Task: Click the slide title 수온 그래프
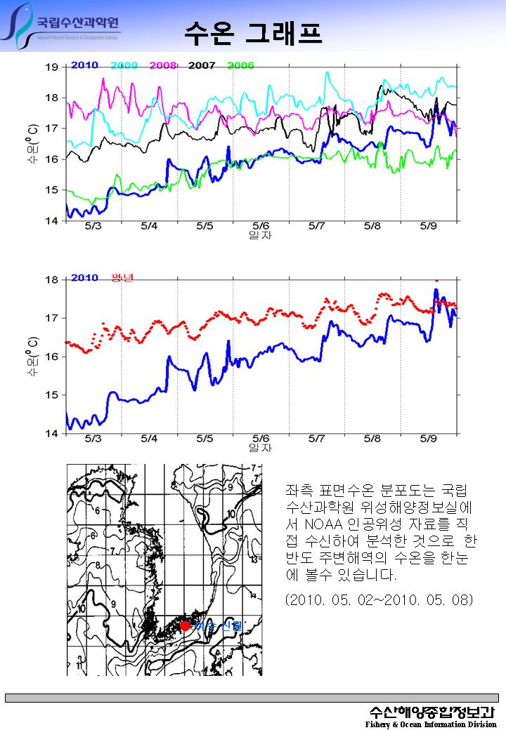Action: click(x=252, y=32)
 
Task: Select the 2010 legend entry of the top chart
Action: click(x=84, y=65)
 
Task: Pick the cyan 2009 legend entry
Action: click(x=124, y=65)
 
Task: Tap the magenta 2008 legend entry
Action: click(x=162, y=65)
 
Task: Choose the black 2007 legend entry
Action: click(x=202, y=65)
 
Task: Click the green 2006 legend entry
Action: click(x=240, y=65)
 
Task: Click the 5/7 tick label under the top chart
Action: click(x=316, y=226)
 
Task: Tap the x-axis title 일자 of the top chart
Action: click(x=260, y=235)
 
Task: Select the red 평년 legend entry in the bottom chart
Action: click(x=122, y=278)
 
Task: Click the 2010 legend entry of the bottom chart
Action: click(x=84, y=278)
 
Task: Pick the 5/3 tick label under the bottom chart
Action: click(x=93, y=439)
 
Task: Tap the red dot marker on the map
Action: click(x=185, y=625)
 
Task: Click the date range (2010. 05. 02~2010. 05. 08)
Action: click(x=379, y=600)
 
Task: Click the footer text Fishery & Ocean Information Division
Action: click(x=431, y=724)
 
